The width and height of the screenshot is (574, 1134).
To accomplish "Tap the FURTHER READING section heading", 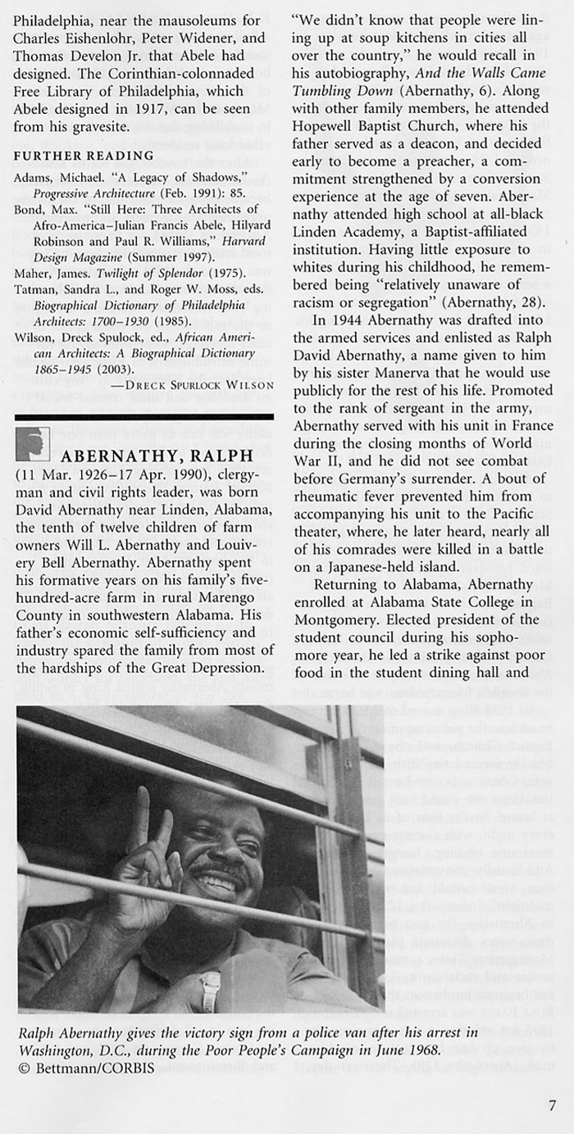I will (84, 156).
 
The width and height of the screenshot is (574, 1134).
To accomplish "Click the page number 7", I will (552, 1104).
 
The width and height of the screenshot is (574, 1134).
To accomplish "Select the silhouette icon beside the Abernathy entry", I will (34, 444).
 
